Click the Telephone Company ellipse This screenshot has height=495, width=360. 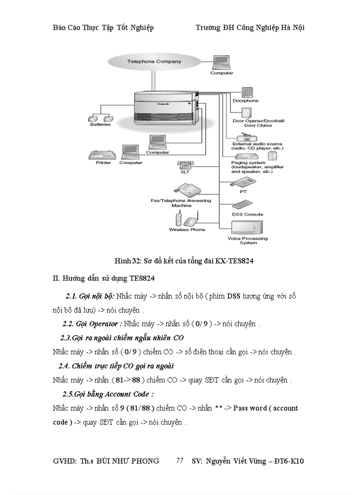point(154,61)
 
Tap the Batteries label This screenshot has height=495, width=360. point(101,124)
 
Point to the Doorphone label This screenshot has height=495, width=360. point(245,101)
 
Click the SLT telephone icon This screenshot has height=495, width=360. point(184,165)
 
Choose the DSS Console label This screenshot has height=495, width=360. point(247,214)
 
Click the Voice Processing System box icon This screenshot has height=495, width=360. point(250,227)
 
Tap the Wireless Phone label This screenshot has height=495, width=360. point(187,230)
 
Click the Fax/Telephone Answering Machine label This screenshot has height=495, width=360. point(181,203)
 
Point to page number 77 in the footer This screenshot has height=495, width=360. point(180,461)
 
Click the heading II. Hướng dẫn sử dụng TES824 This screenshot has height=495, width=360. point(103,278)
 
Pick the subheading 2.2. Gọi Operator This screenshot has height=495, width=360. point(92,324)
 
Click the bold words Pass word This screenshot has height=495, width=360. point(250,408)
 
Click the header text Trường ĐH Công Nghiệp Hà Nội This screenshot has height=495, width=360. point(250,28)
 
